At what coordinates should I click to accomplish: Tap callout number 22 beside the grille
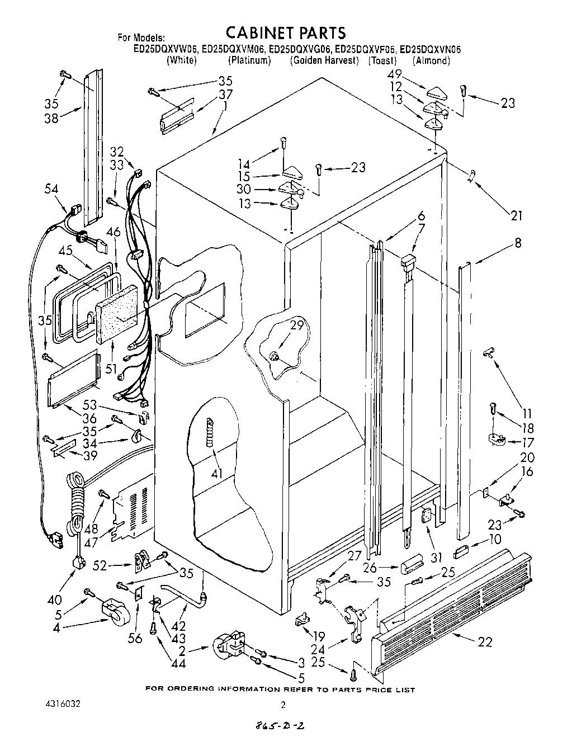[485, 642]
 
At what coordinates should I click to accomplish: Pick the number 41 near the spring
[218, 474]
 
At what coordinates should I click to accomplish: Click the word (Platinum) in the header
[249, 60]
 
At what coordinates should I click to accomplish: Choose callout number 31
[436, 557]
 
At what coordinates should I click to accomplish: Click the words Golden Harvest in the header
[325, 60]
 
